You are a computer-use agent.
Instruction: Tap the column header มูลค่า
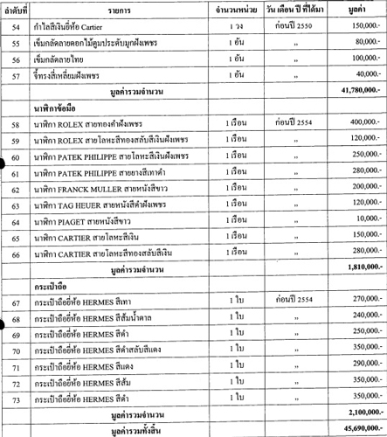pyautogui.click(x=357, y=8)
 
